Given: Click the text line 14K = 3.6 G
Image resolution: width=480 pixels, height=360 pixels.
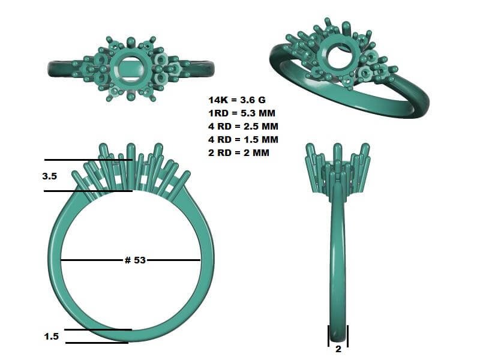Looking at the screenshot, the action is click(237, 100).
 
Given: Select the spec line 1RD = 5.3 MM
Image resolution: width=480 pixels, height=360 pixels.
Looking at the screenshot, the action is click(242, 113).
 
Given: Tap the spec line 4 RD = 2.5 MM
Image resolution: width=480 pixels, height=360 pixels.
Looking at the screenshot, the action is click(244, 127).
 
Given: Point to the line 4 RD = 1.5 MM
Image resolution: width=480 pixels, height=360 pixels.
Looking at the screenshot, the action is click(244, 140).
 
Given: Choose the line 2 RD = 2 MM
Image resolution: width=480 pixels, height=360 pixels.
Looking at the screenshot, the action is click(239, 153).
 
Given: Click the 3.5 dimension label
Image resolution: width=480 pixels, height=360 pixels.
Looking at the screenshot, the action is click(50, 176).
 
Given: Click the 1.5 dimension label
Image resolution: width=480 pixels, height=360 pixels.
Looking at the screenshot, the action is click(51, 337).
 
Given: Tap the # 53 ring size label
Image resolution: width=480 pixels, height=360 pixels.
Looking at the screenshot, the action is click(135, 260).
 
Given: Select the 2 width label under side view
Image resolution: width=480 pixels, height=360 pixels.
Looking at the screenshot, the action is click(338, 349).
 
